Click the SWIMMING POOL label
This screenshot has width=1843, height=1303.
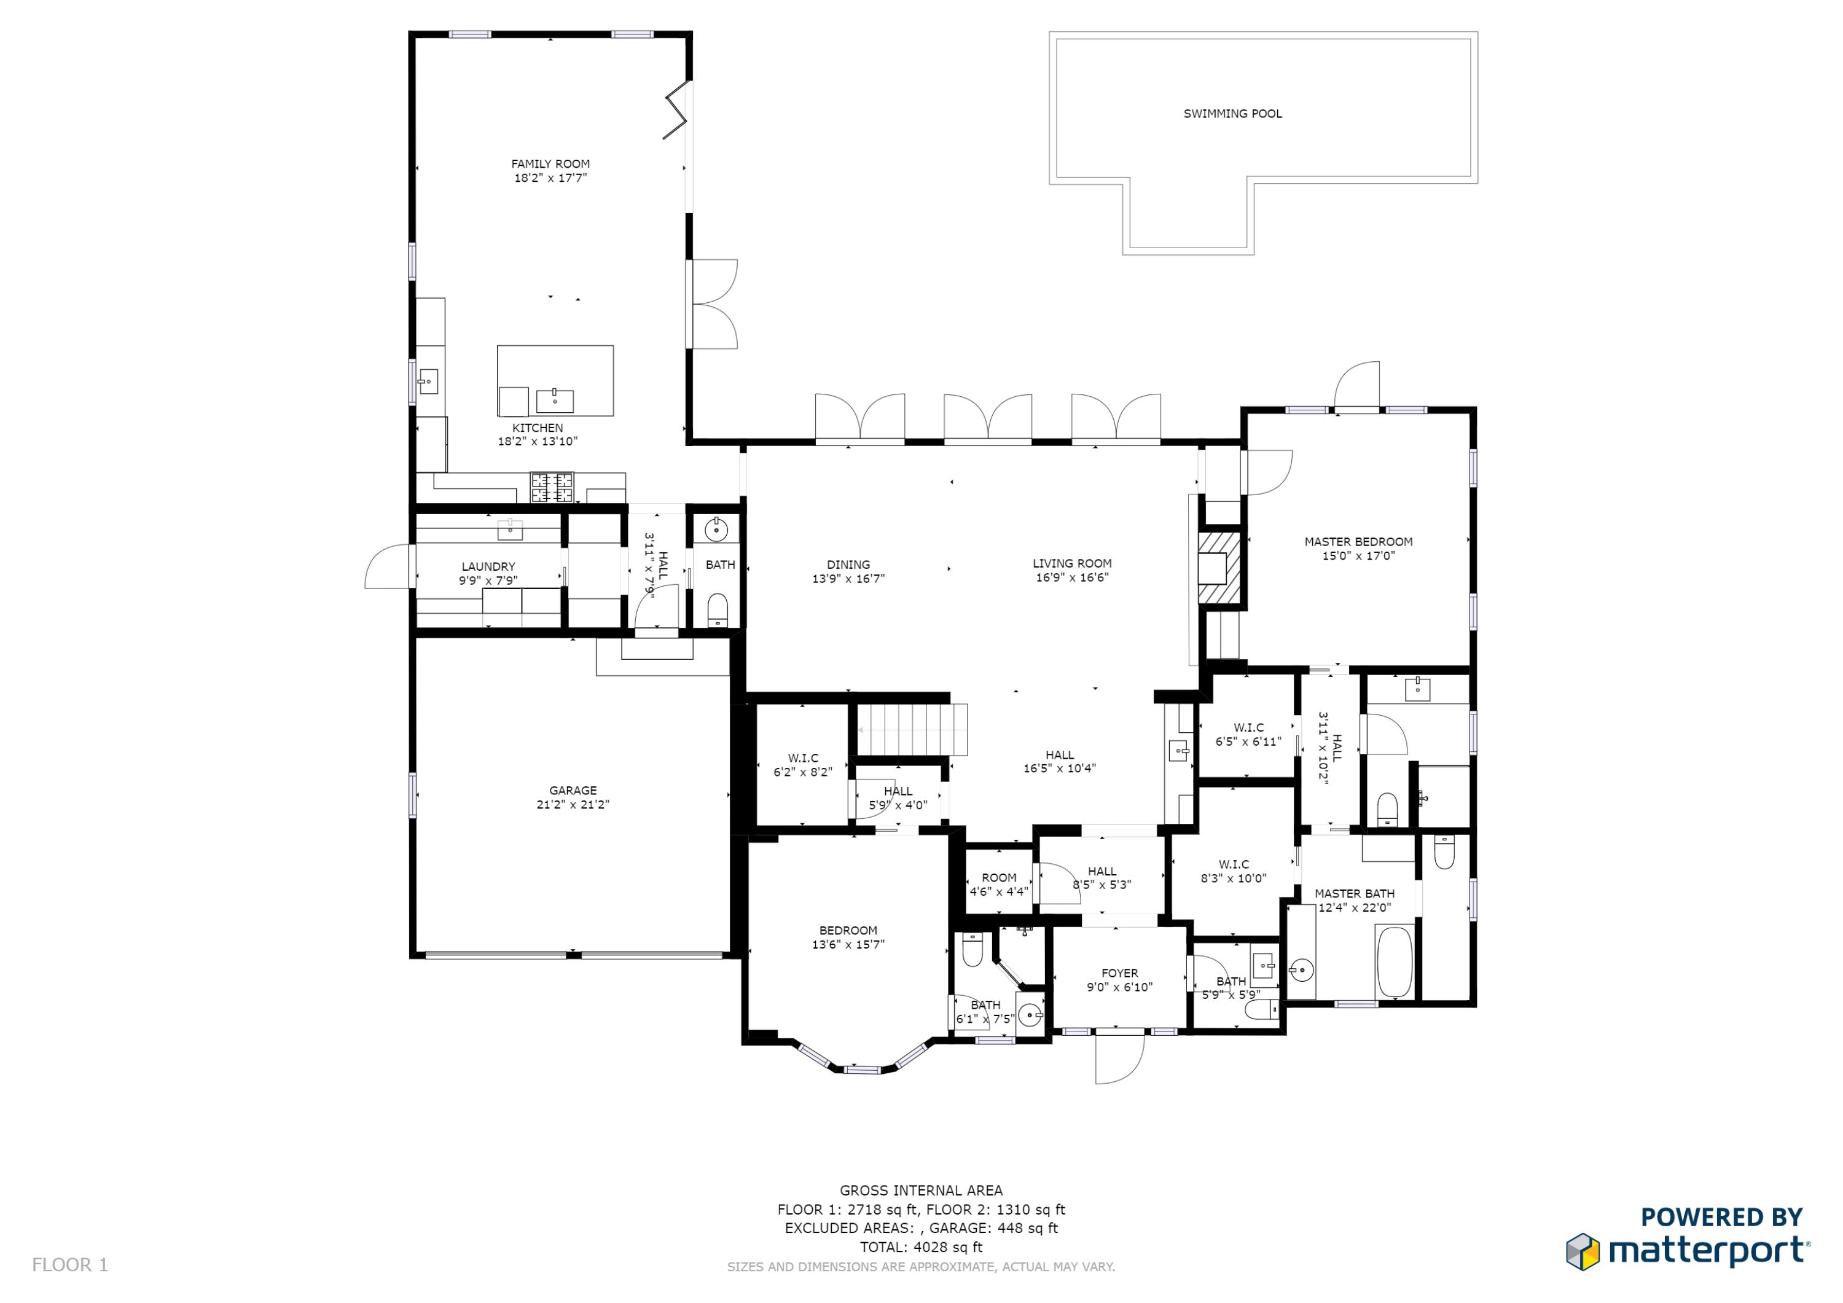[x=1232, y=114]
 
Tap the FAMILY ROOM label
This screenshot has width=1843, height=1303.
[x=550, y=164]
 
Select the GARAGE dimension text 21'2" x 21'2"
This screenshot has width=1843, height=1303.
[x=573, y=804]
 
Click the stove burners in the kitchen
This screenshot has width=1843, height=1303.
[x=552, y=487]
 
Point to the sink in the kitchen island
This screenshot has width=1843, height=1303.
[x=555, y=399]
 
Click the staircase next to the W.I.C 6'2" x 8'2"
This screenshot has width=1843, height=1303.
[x=911, y=729]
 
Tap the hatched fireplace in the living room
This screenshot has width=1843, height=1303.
[x=1218, y=568]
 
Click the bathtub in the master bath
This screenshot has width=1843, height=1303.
[x=1395, y=962]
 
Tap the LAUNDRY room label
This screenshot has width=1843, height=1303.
[x=488, y=567]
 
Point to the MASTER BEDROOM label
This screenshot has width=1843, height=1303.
[x=1358, y=542]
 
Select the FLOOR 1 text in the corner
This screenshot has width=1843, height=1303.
[x=70, y=1266]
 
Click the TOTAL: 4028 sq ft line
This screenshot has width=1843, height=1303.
[x=921, y=1247]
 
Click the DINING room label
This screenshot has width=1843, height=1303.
[x=848, y=565]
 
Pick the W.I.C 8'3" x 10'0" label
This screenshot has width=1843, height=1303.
[x=1233, y=864]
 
